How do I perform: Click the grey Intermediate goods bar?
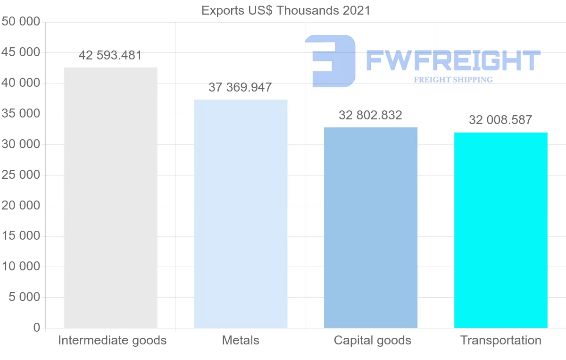point(110,198)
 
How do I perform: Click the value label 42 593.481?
point(110,55)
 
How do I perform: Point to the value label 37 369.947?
point(240,87)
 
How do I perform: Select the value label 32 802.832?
point(370,115)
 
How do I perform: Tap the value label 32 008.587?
point(500,120)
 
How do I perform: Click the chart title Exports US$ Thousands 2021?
point(286,10)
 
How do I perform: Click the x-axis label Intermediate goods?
point(112,340)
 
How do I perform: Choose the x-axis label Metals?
point(241,340)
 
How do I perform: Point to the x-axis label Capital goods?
point(373,340)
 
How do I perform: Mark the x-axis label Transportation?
point(501,340)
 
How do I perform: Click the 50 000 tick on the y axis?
point(21,22)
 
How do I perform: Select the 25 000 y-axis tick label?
point(21,175)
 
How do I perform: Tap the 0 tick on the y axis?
point(37,328)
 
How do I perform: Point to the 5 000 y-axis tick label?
point(24,297)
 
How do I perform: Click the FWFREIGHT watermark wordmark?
point(453,60)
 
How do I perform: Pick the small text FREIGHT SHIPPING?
point(453,80)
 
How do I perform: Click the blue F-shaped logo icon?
point(330,60)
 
